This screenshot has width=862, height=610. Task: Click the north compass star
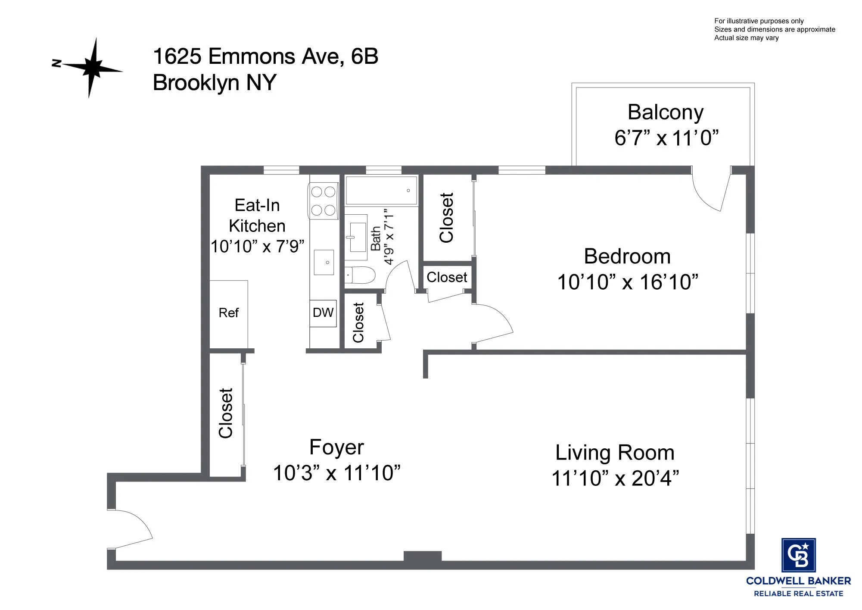point(91,68)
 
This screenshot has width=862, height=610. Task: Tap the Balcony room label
point(665,113)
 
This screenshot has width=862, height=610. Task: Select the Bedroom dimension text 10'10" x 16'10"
point(627,282)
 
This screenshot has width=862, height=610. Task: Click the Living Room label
point(615,453)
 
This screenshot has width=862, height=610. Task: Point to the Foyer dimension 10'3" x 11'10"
point(336,473)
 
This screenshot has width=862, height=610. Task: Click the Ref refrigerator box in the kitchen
point(228,313)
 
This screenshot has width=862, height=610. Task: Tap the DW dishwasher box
point(323,313)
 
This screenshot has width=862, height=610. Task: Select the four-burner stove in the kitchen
point(323,200)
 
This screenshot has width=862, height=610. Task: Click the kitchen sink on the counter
point(324,262)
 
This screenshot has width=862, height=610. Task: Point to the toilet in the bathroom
point(361,275)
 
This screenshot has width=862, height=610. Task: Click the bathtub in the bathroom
point(381,190)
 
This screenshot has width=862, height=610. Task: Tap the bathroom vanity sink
point(357,237)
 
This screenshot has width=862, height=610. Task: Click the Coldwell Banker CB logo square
point(798,555)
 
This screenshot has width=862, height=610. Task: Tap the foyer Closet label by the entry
point(226,413)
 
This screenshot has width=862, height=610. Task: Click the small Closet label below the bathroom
point(358,322)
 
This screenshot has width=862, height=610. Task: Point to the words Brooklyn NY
point(214,82)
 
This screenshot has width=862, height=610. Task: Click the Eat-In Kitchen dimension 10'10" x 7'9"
point(257,247)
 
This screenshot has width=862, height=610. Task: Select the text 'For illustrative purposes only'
point(759,21)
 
